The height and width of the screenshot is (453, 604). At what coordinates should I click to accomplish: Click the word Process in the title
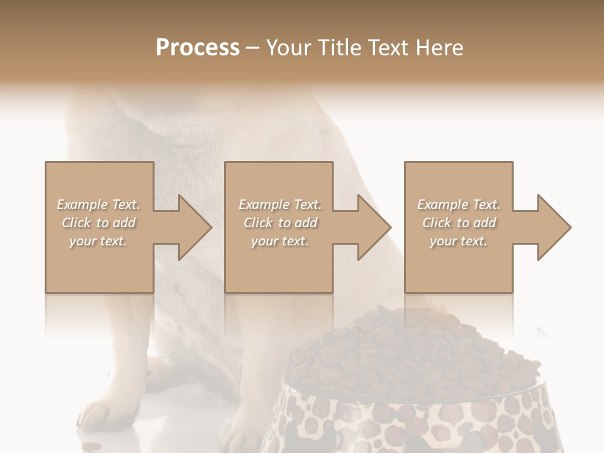pos(198,48)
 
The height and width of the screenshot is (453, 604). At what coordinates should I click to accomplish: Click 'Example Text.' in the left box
pos(98,204)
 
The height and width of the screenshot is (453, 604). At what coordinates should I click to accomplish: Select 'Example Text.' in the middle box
pos(279,204)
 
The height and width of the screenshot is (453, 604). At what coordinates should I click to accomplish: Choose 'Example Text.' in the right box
pos(459,204)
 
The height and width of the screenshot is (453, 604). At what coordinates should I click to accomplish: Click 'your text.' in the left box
pos(98,241)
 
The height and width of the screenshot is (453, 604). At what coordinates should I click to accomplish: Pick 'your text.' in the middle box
pos(279,241)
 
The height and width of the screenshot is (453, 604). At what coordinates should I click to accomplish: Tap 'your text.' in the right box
pos(459,241)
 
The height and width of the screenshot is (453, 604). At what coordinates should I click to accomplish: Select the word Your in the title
pos(287,48)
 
